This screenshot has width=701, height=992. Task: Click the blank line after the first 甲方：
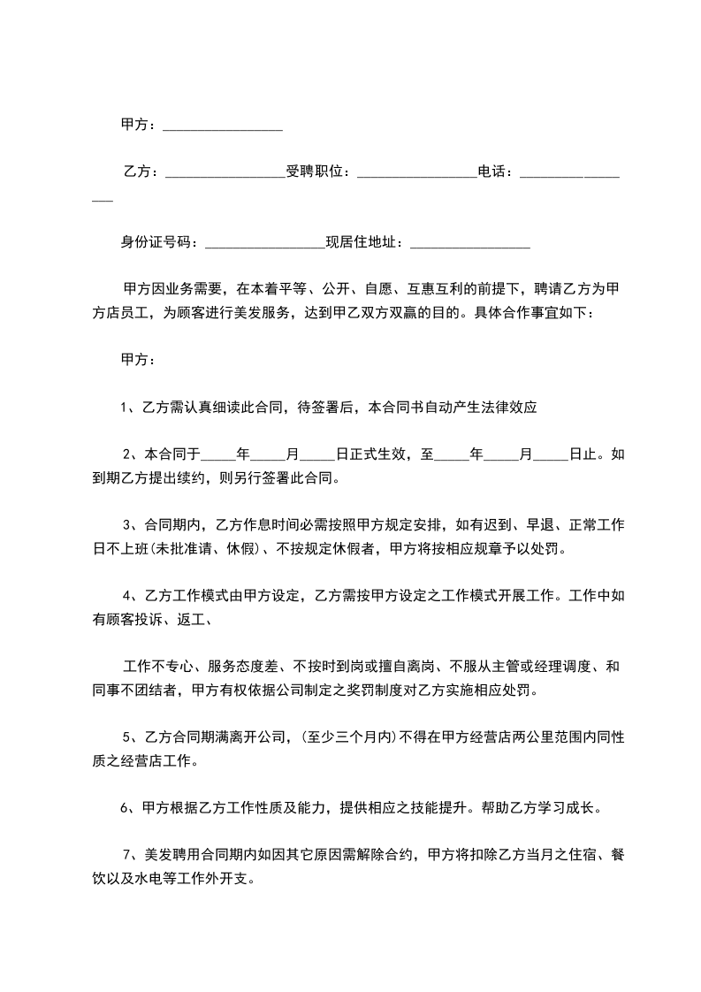[223, 129]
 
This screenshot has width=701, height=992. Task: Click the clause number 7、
[132, 855]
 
